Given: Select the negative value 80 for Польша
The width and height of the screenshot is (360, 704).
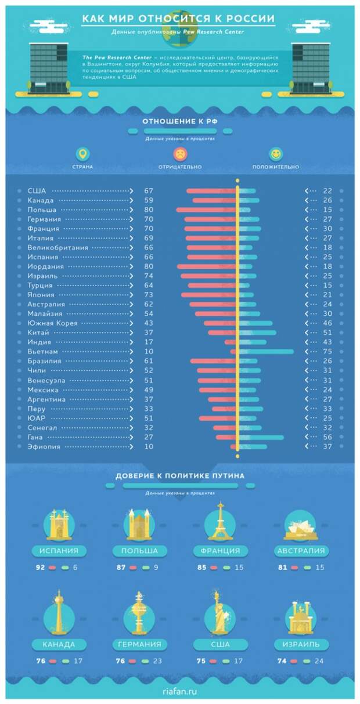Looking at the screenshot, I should click(x=149, y=210).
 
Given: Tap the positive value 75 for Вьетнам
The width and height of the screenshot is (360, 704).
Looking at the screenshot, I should click(x=327, y=352).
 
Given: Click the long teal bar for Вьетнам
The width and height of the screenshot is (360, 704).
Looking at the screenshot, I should click(x=267, y=352).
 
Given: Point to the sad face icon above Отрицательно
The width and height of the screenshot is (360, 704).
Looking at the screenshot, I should click(x=180, y=154).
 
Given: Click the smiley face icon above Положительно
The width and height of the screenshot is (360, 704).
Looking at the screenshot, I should click(x=276, y=154).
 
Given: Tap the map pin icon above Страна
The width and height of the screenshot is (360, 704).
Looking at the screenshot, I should click(x=83, y=154).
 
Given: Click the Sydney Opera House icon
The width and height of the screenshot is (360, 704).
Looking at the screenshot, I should click(x=301, y=525).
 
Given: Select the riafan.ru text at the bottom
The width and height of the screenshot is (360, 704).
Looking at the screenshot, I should click(x=180, y=691).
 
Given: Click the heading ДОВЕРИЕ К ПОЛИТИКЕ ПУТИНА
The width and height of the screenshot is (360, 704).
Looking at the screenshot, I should click(x=180, y=476).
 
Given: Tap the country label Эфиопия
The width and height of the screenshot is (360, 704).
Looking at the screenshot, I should click(x=44, y=447).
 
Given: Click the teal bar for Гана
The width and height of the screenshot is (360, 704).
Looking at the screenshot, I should click(x=261, y=437).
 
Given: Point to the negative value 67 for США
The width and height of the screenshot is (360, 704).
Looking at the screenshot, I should click(x=149, y=191).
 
